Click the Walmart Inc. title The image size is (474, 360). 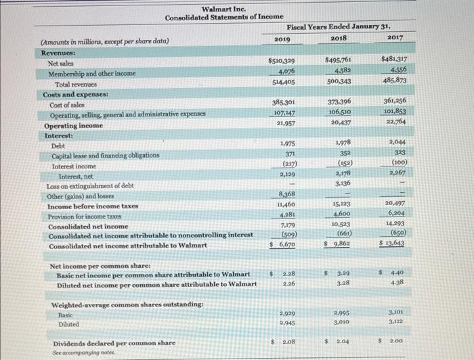(219, 9)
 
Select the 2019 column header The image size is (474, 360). (282, 40)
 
